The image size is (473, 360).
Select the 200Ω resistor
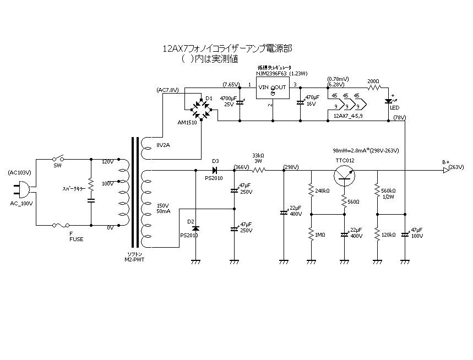374,87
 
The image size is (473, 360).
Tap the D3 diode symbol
216,170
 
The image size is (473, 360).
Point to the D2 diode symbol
195,227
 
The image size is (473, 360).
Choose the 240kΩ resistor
311,190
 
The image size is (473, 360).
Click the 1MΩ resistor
311,234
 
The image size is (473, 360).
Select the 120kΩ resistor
378,234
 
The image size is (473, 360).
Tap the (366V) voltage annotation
241,166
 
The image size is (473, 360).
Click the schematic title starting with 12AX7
227,48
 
